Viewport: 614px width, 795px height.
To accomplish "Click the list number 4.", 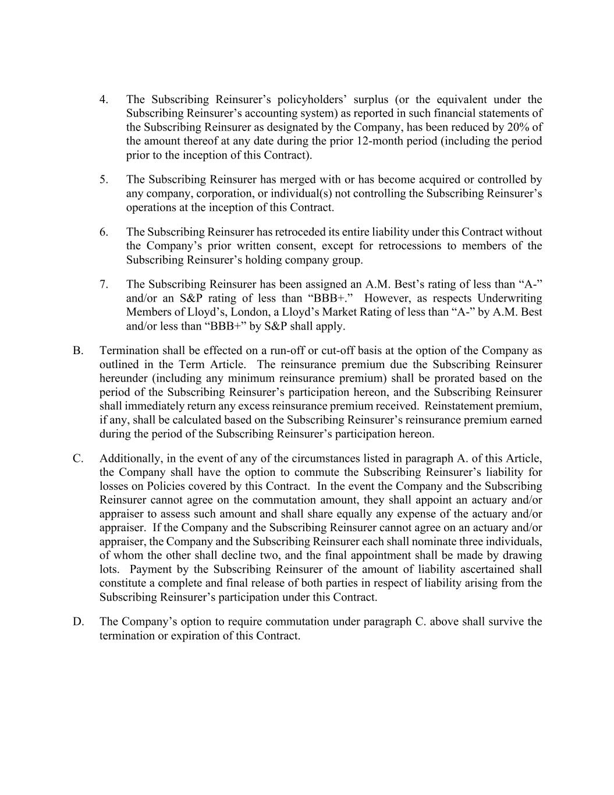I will tap(103, 100).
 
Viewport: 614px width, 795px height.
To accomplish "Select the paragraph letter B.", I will tap(77, 351).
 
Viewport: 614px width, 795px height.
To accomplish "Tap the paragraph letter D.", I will tap(78, 621).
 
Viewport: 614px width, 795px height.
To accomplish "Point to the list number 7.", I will tap(103, 284).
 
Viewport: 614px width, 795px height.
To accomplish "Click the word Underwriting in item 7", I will tap(509, 298).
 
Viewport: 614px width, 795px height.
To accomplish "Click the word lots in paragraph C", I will tap(109, 569).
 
